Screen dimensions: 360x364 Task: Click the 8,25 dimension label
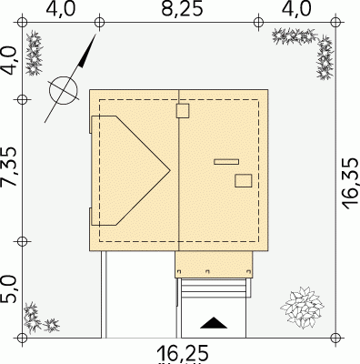pyautogui.click(x=182, y=9)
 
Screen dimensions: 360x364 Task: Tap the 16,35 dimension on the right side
pyautogui.click(x=351, y=184)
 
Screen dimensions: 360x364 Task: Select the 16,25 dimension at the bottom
pyautogui.click(x=183, y=353)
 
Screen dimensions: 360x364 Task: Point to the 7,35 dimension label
pyautogui.click(x=9, y=167)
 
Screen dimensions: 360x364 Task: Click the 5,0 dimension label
pyautogui.click(x=9, y=289)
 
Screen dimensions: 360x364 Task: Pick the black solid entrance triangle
pyautogui.click(x=214, y=323)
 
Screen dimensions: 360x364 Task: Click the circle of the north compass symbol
pyautogui.click(x=64, y=90)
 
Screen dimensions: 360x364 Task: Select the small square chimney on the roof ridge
pyautogui.click(x=183, y=111)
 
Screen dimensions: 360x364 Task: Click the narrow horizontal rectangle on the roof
pyautogui.click(x=226, y=162)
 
